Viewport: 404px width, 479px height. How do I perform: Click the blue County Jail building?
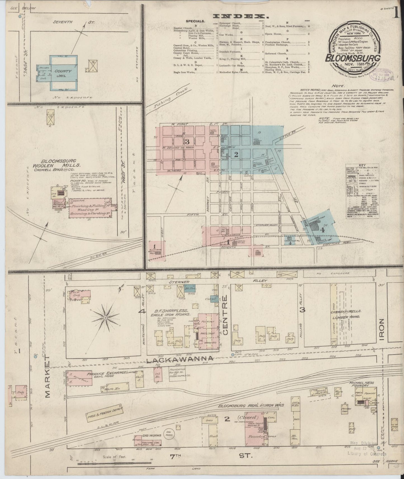(x=63, y=72)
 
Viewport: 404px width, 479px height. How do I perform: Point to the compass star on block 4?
(x=105, y=318)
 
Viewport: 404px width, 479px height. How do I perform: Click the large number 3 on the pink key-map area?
(x=187, y=142)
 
